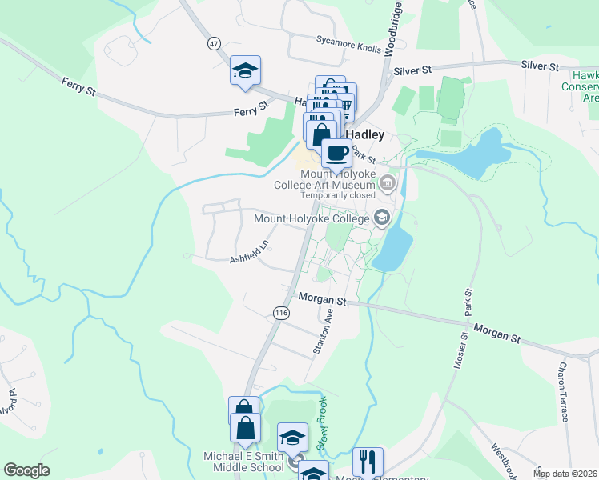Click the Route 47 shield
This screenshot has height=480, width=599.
[213, 43]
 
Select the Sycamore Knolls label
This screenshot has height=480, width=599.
[348, 43]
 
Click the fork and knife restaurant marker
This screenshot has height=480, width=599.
[368, 462]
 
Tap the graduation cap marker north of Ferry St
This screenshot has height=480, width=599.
[246, 70]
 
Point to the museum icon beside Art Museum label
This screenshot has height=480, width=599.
[388, 183]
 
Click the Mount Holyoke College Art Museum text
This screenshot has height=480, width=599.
[337, 178]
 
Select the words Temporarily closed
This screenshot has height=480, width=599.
[339, 194]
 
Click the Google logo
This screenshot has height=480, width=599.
[27, 470]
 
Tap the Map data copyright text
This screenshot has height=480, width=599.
[565, 474]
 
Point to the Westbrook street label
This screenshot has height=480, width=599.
[504, 458]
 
